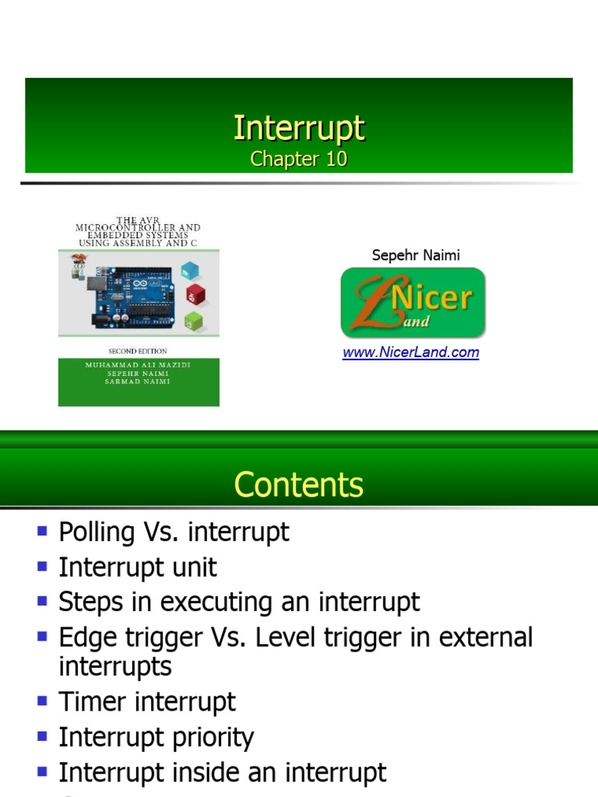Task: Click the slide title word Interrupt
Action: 299,128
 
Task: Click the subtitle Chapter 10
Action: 299,160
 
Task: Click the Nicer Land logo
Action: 413,303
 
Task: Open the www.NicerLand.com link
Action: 411,353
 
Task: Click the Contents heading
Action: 299,485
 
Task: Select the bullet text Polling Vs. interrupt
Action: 174,532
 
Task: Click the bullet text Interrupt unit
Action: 138,567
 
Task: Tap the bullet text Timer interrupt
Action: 147,702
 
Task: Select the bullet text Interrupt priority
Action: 157,737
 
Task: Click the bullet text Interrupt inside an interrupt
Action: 223,773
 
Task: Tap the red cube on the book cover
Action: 195,295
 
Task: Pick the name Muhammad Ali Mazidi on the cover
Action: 139,365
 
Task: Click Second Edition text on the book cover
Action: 137,351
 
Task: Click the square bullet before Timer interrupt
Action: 43,700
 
